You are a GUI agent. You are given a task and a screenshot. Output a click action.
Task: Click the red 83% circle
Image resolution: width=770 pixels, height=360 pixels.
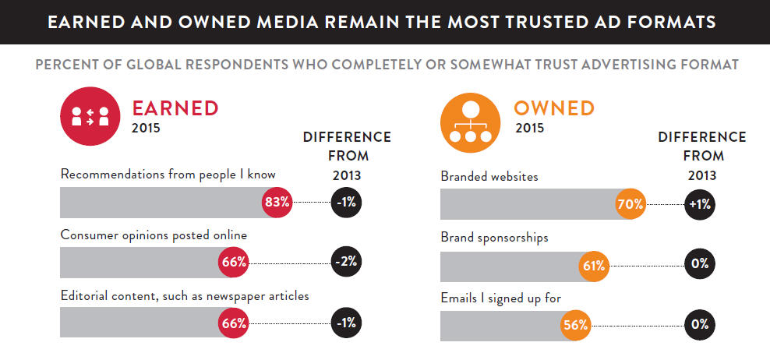pyautogui.click(x=277, y=203)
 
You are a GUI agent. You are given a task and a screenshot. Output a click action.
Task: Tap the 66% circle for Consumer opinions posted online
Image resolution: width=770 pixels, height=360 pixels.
pyautogui.click(x=234, y=262)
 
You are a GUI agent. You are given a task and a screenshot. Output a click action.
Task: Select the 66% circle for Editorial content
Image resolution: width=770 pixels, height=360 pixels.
pyautogui.click(x=234, y=321)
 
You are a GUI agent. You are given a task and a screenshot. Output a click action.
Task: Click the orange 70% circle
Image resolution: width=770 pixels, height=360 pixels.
pyautogui.click(x=632, y=205)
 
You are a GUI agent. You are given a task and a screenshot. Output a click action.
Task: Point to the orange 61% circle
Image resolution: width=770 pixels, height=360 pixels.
pyautogui.click(x=595, y=265)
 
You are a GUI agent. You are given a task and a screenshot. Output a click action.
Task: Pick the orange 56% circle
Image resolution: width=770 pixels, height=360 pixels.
pyautogui.click(x=575, y=325)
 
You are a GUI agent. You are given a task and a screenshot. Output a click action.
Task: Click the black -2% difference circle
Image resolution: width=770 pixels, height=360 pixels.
pyautogui.click(x=347, y=262)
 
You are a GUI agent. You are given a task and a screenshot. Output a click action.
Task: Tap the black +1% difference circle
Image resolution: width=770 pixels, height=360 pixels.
pyautogui.click(x=699, y=205)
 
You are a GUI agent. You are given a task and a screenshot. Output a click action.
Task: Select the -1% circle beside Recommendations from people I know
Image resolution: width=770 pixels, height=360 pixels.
pyautogui.click(x=347, y=203)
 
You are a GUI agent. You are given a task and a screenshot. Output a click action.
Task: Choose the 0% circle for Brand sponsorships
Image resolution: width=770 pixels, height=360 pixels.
pyautogui.click(x=699, y=265)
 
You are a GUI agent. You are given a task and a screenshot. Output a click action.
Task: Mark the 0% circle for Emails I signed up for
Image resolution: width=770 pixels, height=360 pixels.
pyautogui.click(x=699, y=325)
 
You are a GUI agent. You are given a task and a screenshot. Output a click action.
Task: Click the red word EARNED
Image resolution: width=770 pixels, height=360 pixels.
pyautogui.click(x=175, y=108)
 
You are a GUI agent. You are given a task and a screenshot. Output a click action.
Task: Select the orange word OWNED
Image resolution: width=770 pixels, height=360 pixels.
pyautogui.click(x=553, y=108)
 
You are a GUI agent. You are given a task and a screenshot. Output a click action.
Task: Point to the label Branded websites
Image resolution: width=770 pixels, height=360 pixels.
pyautogui.click(x=489, y=177)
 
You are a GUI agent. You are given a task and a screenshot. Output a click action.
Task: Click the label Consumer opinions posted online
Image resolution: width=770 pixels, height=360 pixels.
pyautogui.click(x=154, y=234)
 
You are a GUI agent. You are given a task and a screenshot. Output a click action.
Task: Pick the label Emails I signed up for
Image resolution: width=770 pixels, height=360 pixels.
pyautogui.click(x=500, y=297)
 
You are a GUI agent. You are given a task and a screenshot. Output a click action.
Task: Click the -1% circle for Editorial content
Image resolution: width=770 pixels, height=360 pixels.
pyautogui.click(x=347, y=321)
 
